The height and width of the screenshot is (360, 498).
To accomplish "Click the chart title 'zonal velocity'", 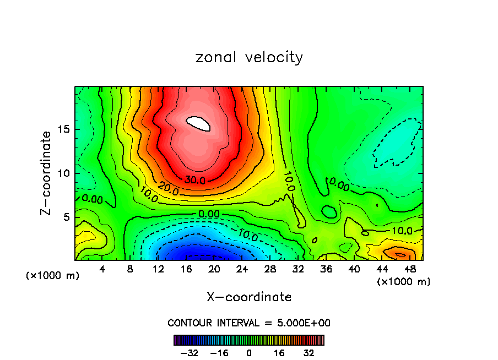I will pos(249,57).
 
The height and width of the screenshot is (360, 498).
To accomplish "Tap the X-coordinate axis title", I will pos(249,297).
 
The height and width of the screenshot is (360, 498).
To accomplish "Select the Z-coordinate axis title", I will pos(47,173).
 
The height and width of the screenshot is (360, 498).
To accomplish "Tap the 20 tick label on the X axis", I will pos(214,270).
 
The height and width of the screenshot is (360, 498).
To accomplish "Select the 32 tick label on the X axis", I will pos(298,270).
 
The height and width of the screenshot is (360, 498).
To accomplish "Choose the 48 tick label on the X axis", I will pos(409,270).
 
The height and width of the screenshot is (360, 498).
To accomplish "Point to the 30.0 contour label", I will pos(195,180).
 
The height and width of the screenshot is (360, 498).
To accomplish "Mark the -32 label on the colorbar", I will pos(189,353).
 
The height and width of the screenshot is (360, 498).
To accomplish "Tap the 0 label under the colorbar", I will pos(249,353).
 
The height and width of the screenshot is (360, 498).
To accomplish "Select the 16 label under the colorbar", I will pos(279,353).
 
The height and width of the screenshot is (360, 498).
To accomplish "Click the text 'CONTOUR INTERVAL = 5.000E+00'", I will pos(249,323).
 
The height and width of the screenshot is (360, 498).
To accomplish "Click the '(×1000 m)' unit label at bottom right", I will pos(403,282).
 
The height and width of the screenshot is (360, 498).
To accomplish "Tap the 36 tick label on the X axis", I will pos(326,270).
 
